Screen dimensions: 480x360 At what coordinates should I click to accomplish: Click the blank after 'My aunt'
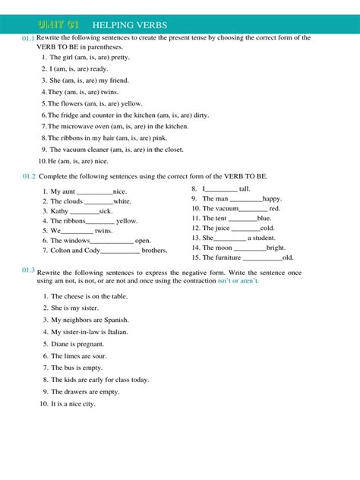click(x=95, y=193)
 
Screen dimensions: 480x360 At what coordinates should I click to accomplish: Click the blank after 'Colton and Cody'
click(x=120, y=251)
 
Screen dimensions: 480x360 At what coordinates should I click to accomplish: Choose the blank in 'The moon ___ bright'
click(x=250, y=248)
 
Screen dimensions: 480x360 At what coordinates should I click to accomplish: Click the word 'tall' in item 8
click(x=245, y=189)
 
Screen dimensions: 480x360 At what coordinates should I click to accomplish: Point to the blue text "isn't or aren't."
click(x=260, y=281)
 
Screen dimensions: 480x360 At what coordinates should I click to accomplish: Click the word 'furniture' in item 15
click(x=232, y=257)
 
